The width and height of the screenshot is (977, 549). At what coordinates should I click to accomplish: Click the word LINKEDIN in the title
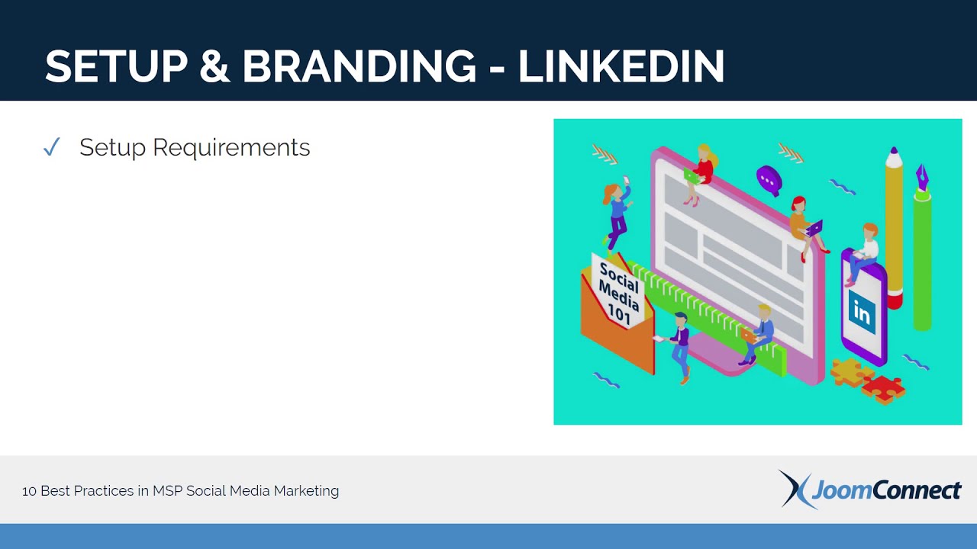coord(621,66)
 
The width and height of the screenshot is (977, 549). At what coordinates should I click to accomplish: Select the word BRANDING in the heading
coord(360,66)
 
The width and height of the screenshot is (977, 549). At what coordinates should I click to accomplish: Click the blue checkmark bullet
coord(51,147)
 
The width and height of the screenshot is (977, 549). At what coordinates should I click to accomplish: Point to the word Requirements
coord(231,148)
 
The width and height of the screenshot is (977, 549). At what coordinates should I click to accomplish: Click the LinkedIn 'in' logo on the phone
coord(862,312)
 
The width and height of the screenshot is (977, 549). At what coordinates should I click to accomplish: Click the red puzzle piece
coord(883,390)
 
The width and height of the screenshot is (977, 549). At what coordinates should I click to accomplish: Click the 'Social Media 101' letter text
coord(619,293)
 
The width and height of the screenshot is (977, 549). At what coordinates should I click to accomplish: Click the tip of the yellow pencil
coord(894,149)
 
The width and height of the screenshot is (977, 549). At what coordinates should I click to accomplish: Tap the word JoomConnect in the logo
coord(886,490)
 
